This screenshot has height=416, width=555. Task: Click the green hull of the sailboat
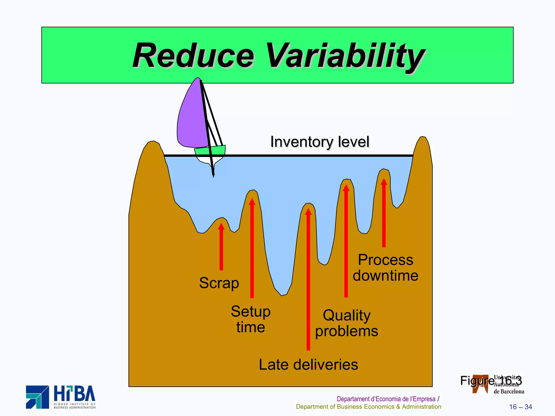[210, 151]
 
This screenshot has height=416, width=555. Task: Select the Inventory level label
[320, 142]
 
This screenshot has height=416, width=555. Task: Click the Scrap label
[219, 283]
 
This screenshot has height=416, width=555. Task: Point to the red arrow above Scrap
[221, 246]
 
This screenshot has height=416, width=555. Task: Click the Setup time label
[251, 319]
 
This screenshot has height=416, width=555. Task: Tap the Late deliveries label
[308, 365]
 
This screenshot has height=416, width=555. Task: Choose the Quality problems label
[347, 323]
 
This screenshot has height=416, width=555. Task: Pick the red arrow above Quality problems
[346, 241]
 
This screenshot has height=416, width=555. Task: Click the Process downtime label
[385, 268]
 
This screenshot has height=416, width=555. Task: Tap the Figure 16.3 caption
[491, 381]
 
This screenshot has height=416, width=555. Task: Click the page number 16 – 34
[520, 407]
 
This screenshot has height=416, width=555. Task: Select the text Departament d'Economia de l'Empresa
[386, 399]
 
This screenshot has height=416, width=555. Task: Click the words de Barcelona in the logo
[509, 391]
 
